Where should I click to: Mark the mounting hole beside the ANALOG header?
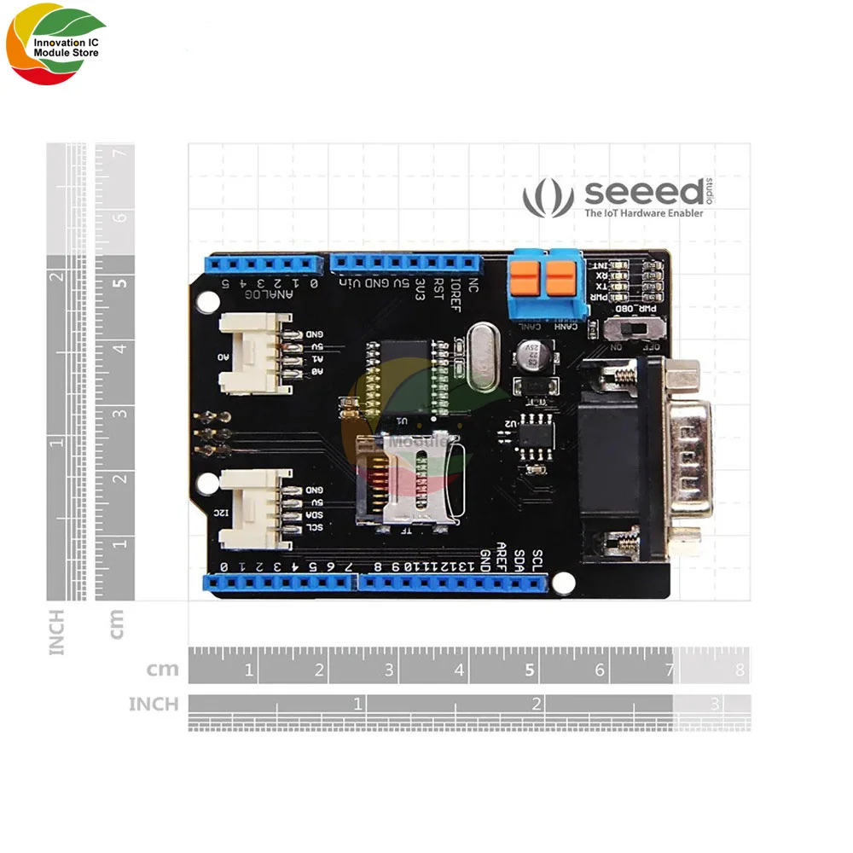point(207,300)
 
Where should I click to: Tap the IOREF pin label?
point(456,294)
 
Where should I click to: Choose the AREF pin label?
point(502,555)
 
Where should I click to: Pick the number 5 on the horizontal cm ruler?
point(530,670)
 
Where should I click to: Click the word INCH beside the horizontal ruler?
point(154,705)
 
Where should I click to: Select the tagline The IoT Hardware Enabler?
point(643,213)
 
